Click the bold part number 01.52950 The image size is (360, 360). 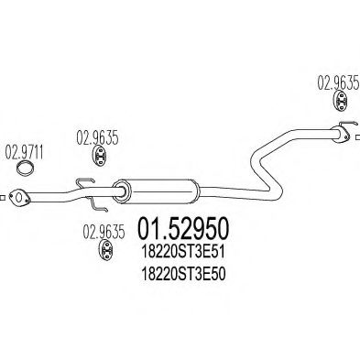click(185, 228)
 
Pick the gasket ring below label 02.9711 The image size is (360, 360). click(28, 168)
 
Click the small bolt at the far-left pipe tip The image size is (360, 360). click(6, 195)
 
